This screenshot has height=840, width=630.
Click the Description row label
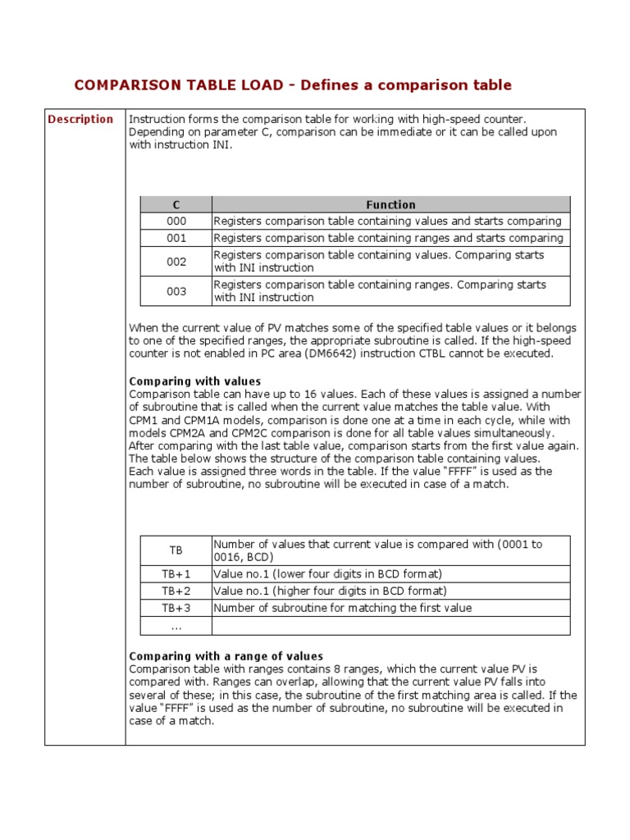pos(80,119)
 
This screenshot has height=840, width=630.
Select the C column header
pos(176,204)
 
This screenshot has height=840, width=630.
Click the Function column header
pos(390,204)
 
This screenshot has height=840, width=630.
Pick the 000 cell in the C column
pos(176,221)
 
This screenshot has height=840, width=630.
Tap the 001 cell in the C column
pos(176,238)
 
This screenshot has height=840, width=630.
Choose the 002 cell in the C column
pos(176,262)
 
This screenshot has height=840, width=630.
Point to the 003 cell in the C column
pos(176,291)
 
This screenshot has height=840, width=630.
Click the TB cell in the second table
pos(176,550)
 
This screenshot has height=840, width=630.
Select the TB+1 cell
pos(176,574)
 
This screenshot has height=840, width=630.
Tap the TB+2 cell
pos(176,591)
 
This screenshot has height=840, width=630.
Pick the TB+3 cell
pos(176,609)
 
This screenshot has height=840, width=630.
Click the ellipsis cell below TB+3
pos(176,626)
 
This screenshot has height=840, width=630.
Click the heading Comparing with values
pos(195,381)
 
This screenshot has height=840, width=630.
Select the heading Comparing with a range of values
pos(226,656)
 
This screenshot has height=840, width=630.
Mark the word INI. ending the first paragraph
pos(221,145)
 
